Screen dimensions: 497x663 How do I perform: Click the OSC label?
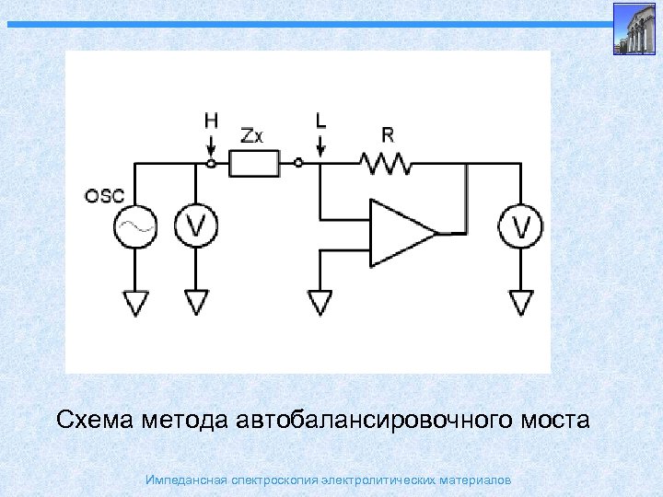104,195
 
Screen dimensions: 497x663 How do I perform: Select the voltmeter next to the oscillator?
195,226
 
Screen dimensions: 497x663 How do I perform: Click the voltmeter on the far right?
520,226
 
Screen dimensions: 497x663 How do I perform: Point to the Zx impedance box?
253,165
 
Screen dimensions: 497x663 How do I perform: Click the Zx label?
251,135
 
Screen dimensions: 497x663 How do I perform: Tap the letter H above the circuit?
211,121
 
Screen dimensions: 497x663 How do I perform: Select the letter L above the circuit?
320,121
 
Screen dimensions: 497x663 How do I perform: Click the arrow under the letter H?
211,144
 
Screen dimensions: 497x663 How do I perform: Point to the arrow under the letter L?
320,144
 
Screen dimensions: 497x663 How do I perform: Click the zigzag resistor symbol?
388,164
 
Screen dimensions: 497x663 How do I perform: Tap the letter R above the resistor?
388,135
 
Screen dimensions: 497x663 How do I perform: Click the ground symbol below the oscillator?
136,302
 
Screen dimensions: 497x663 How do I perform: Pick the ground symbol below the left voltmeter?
196,302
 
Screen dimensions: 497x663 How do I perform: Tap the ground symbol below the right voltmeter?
520,302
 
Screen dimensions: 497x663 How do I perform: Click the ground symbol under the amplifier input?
320,302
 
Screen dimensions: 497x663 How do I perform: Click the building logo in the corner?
636,29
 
